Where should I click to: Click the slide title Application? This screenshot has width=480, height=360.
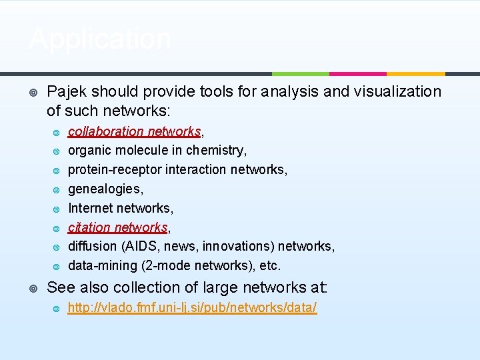point(100,39)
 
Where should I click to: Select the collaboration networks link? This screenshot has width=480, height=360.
point(134,131)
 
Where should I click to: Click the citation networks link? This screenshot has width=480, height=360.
point(117,227)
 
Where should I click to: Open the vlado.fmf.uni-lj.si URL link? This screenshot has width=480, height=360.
point(192,307)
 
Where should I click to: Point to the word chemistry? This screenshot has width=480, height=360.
point(215,151)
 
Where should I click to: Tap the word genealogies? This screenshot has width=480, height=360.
point(105,189)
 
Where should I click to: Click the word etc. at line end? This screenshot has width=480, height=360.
point(270,266)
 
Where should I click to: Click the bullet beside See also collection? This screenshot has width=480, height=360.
point(33,288)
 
